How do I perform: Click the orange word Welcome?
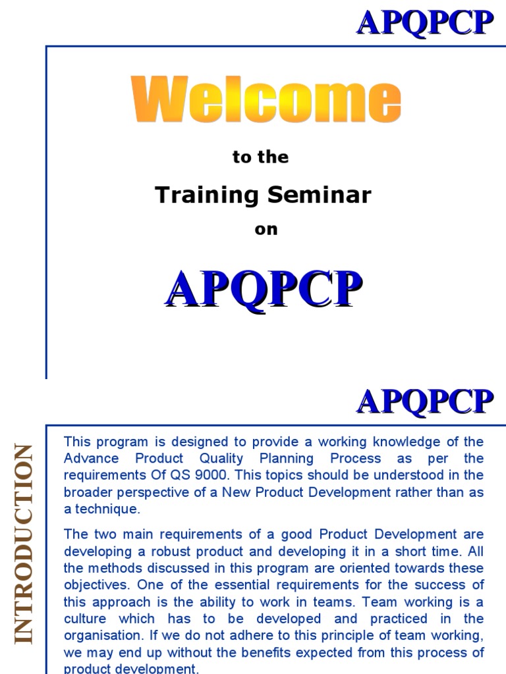tap(266, 101)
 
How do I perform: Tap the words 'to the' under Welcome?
tap(261, 157)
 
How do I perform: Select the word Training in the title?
tap(198, 195)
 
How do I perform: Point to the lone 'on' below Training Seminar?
tap(266, 230)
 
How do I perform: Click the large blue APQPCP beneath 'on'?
tap(264, 289)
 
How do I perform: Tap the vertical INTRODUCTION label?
tap(23, 543)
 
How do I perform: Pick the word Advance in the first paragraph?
tap(91, 458)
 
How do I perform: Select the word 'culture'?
tap(85, 619)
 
